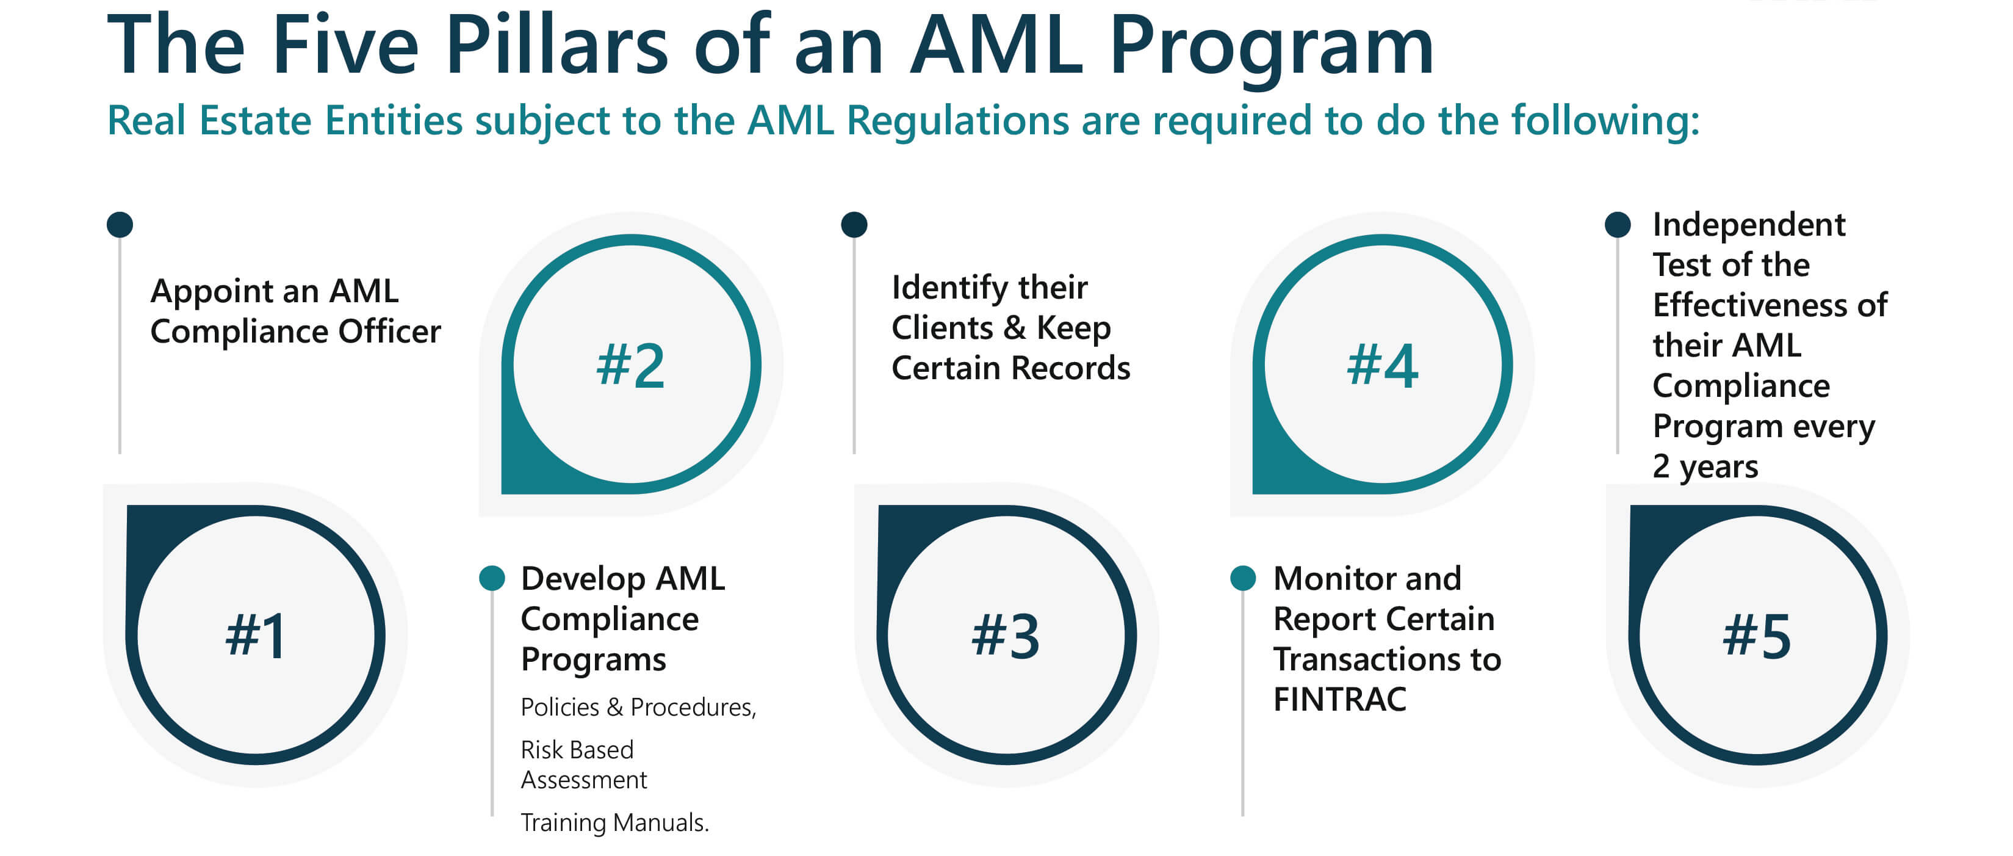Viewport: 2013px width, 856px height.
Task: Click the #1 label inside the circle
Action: [256, 635]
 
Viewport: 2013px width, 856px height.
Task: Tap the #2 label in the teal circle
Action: [630, 365]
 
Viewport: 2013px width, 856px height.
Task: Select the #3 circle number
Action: [1006, 635]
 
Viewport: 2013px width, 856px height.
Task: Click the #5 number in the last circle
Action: [1757, 635]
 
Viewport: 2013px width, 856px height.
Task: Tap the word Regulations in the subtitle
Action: [957, 121]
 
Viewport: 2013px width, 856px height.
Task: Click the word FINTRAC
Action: [1339, 699]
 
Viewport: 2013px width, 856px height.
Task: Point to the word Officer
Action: [389, 332]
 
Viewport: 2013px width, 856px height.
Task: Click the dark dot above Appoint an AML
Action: [120, 224]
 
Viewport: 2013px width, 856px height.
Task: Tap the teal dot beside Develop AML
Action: [492, 578]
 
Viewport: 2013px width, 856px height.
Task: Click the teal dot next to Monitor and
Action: [1242, 578]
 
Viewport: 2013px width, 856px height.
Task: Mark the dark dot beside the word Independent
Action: [1617, 224]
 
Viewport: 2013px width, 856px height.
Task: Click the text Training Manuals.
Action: [614, 822]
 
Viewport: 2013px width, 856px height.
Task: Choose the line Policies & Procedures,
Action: [638, 706]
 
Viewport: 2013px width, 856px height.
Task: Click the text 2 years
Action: [1704, 466]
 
